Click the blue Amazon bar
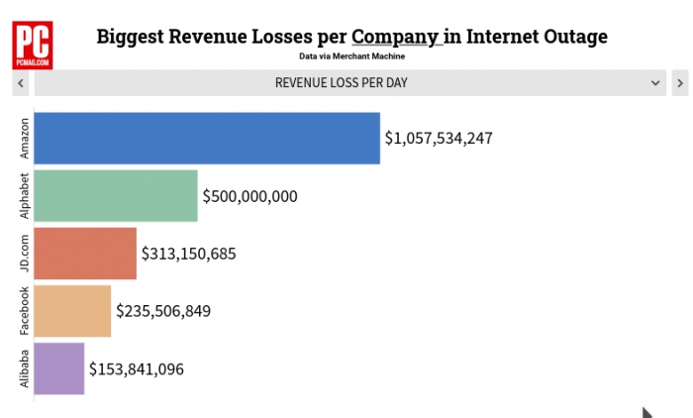tap(207, 138)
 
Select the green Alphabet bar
tap(116, 196)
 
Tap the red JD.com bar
tap(85, 254)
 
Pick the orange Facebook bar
tap(72, 311)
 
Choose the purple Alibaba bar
tap(59, 368)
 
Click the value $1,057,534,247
tap(439, 139)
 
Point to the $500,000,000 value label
tap(249, 196)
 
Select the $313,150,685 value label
tap(189, 254)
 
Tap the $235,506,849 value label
tap(163, 311)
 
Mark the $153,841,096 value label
tap(137, 368)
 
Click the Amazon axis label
tap(25, 139)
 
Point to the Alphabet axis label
tap(25, 196)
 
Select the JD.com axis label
tap(25, 254)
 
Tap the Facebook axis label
tap(25, 311)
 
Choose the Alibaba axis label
tap(25, 368)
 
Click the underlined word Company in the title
tap(395, 38)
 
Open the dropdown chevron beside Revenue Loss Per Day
tap(655, 83)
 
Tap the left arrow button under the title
tap(21, 83)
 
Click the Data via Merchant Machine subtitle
tap(351, 57)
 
